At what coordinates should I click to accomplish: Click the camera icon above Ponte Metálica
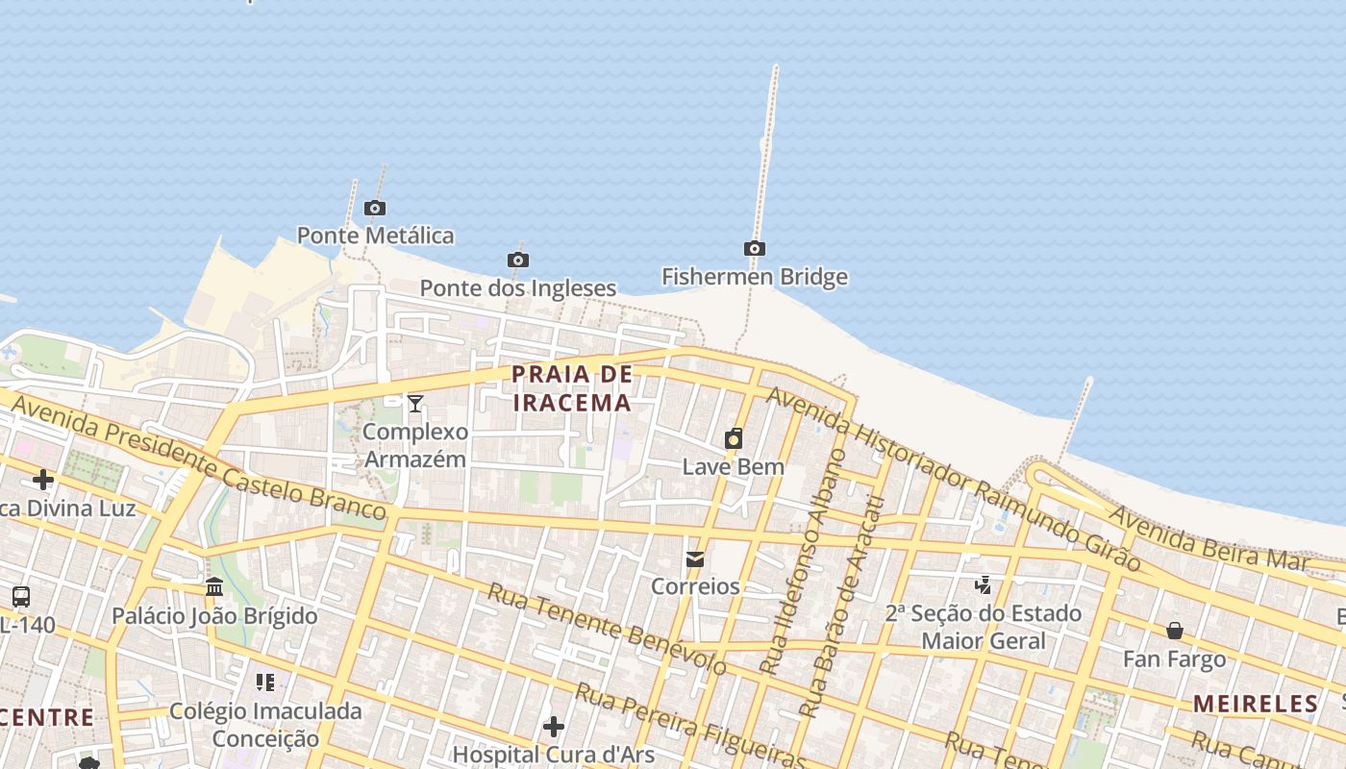375,208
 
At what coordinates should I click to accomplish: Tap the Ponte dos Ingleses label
517,287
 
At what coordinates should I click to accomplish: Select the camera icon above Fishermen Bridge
755,249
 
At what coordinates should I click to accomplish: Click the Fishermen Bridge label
755,277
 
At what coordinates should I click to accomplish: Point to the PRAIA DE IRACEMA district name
572,388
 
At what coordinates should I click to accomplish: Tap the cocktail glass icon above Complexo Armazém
414,404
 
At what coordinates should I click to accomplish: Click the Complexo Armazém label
414,445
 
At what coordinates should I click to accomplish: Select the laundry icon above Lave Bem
734,439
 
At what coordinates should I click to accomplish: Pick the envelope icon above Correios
695,558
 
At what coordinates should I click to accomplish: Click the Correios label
695,586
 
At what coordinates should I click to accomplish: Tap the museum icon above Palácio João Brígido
214,587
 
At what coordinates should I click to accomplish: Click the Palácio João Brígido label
214,616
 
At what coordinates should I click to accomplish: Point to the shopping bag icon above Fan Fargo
1175,631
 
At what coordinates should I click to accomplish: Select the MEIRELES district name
1256,704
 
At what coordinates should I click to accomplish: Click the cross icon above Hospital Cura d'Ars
553,727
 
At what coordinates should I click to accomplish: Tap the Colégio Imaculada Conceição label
265,725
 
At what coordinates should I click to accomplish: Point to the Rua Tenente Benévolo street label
607,627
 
